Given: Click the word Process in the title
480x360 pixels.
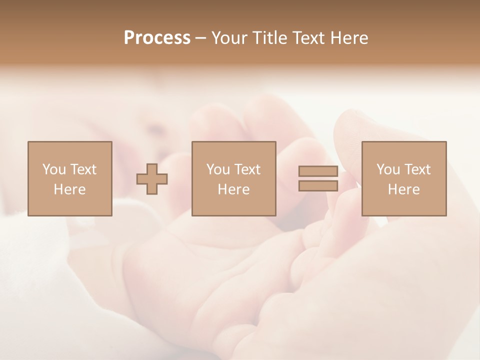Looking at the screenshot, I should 157,38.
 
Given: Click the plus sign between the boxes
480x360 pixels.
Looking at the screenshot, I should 152,178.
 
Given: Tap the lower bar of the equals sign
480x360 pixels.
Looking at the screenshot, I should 318,186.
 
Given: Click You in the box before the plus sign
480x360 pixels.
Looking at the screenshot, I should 54,169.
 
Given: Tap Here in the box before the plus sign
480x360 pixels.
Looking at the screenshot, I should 69,189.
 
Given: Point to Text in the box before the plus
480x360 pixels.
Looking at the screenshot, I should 83,169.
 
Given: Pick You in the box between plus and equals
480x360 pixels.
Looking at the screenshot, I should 218,169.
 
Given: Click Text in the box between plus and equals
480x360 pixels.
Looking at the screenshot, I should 247,169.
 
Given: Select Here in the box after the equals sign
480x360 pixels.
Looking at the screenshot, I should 403,189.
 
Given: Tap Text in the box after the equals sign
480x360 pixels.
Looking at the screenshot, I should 417,169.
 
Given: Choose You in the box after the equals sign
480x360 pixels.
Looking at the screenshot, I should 388,169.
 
